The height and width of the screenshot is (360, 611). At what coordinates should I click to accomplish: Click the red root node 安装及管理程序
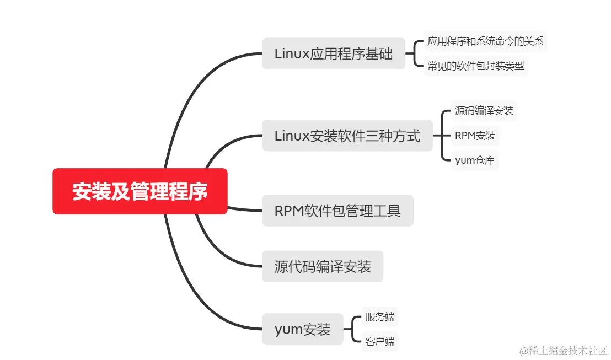140,191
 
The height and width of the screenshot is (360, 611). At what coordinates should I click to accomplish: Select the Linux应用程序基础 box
334,53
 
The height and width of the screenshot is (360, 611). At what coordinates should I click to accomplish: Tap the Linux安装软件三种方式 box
347,136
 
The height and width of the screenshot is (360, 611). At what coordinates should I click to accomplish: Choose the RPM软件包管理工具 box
337,211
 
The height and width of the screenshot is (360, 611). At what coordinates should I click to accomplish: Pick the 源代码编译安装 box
323,267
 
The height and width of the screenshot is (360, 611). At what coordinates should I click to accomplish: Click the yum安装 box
303,330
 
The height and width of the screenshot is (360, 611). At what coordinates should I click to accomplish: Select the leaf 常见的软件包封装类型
475,67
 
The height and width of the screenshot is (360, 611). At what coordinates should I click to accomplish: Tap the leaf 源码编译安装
484,110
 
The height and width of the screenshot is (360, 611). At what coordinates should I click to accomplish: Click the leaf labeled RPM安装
475,136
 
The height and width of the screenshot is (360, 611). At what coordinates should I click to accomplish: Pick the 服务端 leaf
380,317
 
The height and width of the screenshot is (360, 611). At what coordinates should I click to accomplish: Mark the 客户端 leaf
380,342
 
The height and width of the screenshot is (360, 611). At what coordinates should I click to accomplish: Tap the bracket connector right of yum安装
353,330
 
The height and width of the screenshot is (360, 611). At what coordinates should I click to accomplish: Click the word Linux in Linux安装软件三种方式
292,136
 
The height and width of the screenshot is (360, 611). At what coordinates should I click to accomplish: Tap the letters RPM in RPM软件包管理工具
287,211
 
